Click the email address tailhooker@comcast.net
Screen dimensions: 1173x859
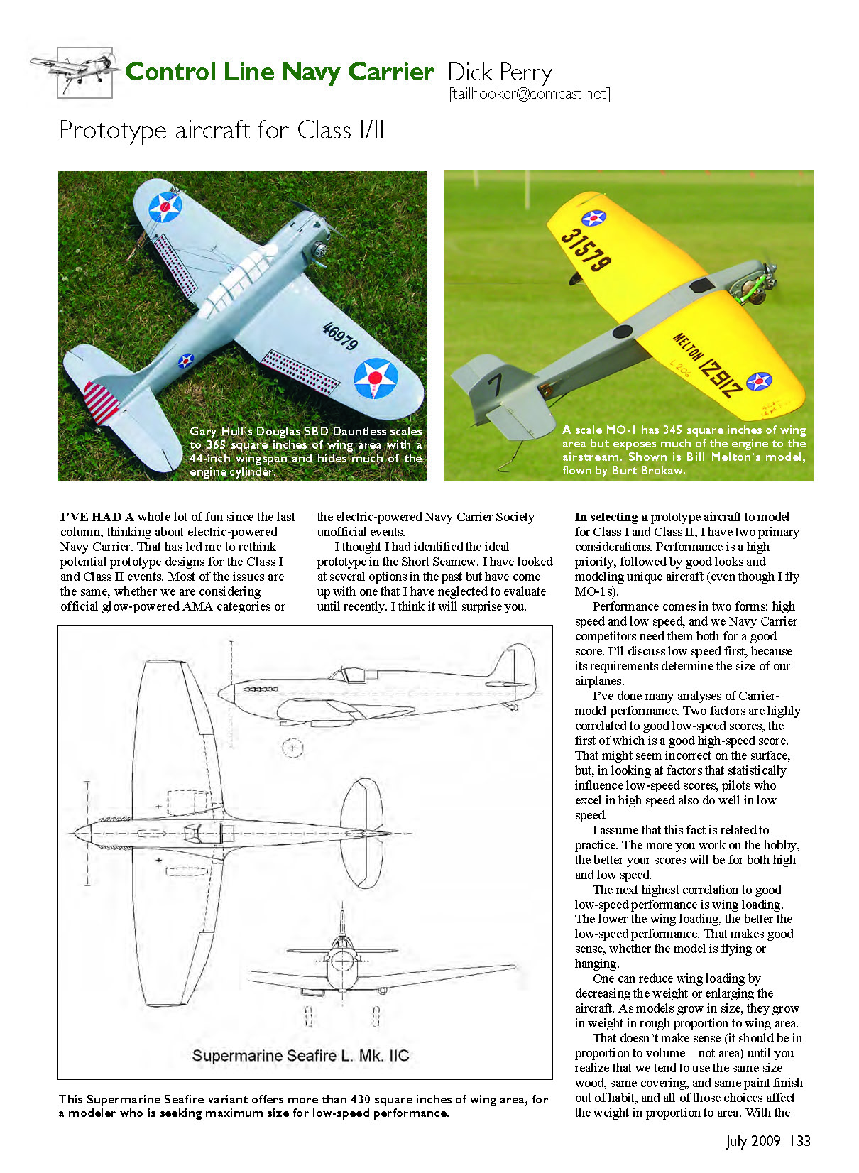click(529, 94)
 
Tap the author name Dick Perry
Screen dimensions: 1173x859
click(500, 72)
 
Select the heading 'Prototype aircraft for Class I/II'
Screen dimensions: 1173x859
click(221, 131)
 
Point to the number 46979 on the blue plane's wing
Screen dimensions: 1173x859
click(340, 335)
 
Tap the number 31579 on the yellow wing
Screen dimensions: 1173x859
click(586, 249)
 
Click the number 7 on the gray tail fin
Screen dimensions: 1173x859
click(495, 385)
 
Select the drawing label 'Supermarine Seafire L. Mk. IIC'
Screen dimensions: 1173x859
click(300, 1056)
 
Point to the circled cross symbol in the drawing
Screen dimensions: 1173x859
click(292, 747)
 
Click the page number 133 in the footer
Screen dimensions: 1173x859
click(800, 1141)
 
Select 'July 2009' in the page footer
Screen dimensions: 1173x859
click(753, 1141)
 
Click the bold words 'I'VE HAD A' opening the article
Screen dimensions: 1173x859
click(97, 517)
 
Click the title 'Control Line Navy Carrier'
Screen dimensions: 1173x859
click(279, 72)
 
